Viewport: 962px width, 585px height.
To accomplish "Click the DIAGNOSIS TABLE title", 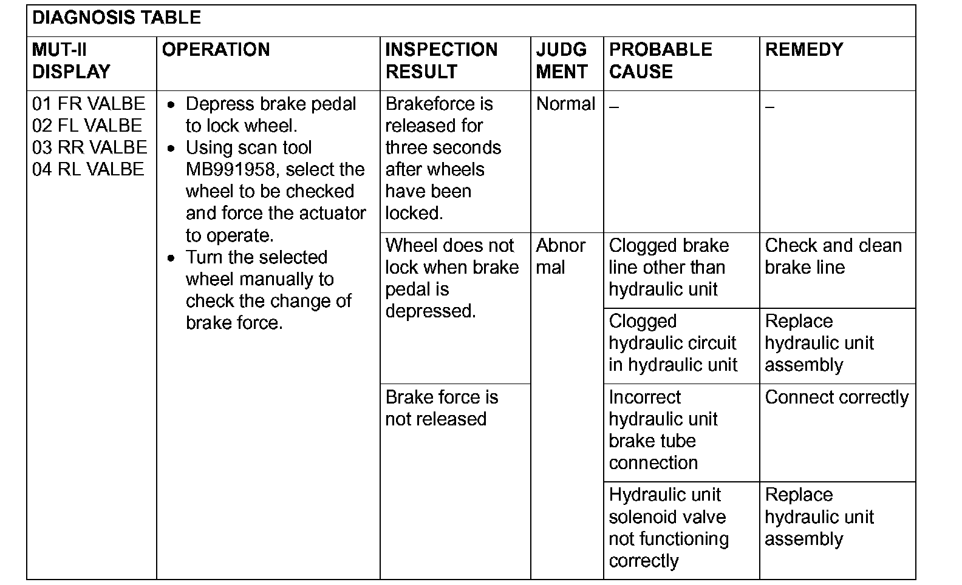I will point(117,18).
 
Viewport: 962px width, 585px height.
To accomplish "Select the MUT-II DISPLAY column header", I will point(71,61).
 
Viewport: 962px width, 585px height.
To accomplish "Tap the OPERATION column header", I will point(216,50).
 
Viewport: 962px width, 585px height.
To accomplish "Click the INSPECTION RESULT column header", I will point(442,61).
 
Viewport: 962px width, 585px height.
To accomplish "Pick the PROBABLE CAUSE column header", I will point(660,61).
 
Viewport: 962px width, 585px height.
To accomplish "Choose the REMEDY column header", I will point(804,50).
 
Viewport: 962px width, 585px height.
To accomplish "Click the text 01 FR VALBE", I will point(89,104).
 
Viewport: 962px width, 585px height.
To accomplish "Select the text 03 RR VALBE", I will point(89,147).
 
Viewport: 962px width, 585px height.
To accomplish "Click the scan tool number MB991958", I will point(230,169).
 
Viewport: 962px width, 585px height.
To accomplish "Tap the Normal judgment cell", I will point(565,104).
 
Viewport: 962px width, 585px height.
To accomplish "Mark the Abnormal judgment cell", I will point(561,256).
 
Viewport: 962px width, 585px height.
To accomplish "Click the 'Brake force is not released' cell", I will point(442,408).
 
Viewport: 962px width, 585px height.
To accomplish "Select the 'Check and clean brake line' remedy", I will point(833,256).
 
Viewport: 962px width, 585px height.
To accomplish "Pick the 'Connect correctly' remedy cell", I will point(836,397).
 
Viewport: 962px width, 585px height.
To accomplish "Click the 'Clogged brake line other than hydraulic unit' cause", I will point(668,267).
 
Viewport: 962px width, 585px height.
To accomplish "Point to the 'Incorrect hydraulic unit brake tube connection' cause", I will point(663,430).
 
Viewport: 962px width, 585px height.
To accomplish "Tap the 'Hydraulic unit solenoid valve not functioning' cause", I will point(668,527).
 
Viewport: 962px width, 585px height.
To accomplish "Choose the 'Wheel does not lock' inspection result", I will point(452,278).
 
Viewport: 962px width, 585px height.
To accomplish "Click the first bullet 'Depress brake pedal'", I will point(270,115).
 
